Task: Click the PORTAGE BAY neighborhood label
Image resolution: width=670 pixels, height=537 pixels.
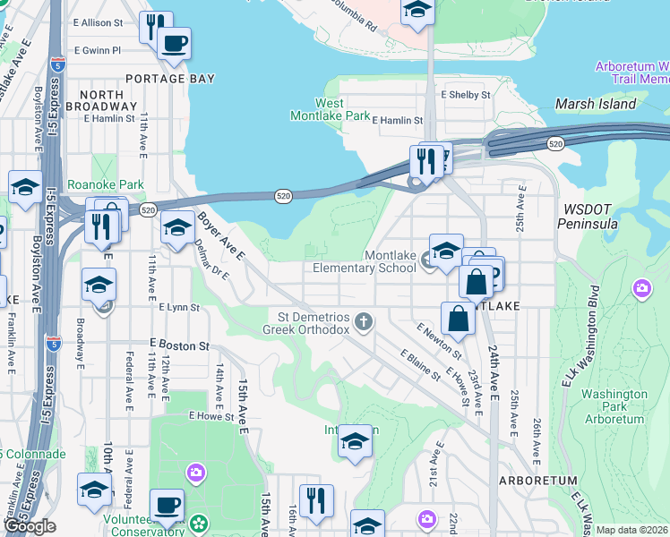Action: tap(170, 79)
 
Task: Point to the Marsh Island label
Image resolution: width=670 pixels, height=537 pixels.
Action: tap(596, 104)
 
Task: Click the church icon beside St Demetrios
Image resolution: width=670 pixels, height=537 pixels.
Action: tap(363, 320)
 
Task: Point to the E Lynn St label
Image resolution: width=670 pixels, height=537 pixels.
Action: tap(178, 307)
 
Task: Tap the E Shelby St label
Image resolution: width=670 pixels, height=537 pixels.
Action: tap(466, 94)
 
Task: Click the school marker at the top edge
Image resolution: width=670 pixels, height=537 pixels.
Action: tap(417, 11)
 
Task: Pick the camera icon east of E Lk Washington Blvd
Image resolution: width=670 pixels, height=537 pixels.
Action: tap(641, 288)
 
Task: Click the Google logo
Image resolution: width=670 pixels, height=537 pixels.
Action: tap(30, 526)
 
